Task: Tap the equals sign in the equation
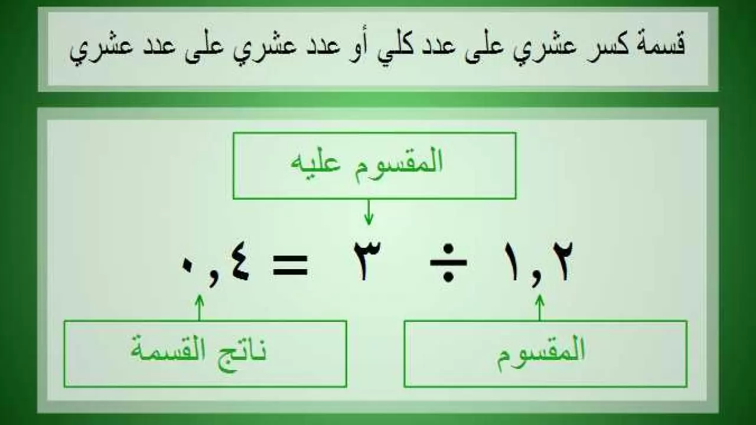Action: [x=289, y=265]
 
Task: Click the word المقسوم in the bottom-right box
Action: [x=541, y=351]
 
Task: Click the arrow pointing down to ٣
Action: [x=369, y=212]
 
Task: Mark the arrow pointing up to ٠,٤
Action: [x=199, y=307]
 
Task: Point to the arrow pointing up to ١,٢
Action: [x=539, y=307]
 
